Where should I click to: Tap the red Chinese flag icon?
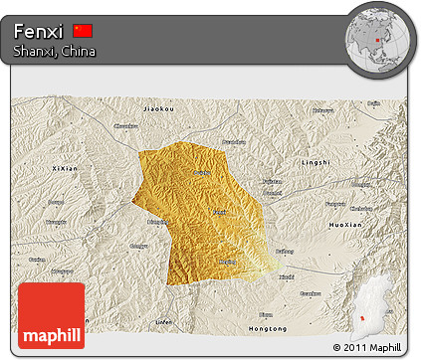(83, 31)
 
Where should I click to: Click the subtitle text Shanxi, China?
(55, 51)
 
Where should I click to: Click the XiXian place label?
(65, 169)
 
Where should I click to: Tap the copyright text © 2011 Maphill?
(368, 346)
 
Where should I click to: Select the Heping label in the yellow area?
(228, 262)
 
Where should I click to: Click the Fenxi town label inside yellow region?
(220, 212)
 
